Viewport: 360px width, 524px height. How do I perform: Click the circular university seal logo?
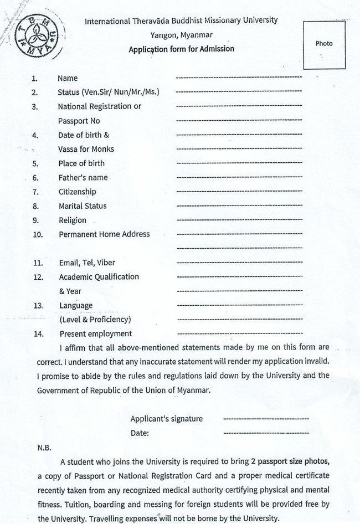(x=38, y=34)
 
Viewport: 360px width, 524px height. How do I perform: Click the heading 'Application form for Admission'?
(x=181, y=49)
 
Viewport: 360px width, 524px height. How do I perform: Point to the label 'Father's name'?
(x=83, y=178)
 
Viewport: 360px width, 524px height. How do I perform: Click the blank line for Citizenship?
(x=239, y=192)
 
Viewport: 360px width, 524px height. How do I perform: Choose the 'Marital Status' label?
(x=83, y=206)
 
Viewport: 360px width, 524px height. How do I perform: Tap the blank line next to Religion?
(x=239, y=220)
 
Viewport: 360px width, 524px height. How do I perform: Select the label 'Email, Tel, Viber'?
(x=87, y=263)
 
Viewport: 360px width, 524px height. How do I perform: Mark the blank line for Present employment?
(x=239, y=333)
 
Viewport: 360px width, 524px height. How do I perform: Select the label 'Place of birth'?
(x=81, y=163)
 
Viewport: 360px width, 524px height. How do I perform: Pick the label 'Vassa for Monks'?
(x=86, y=150)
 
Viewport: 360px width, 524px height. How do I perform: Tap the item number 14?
(x=38, y=334)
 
